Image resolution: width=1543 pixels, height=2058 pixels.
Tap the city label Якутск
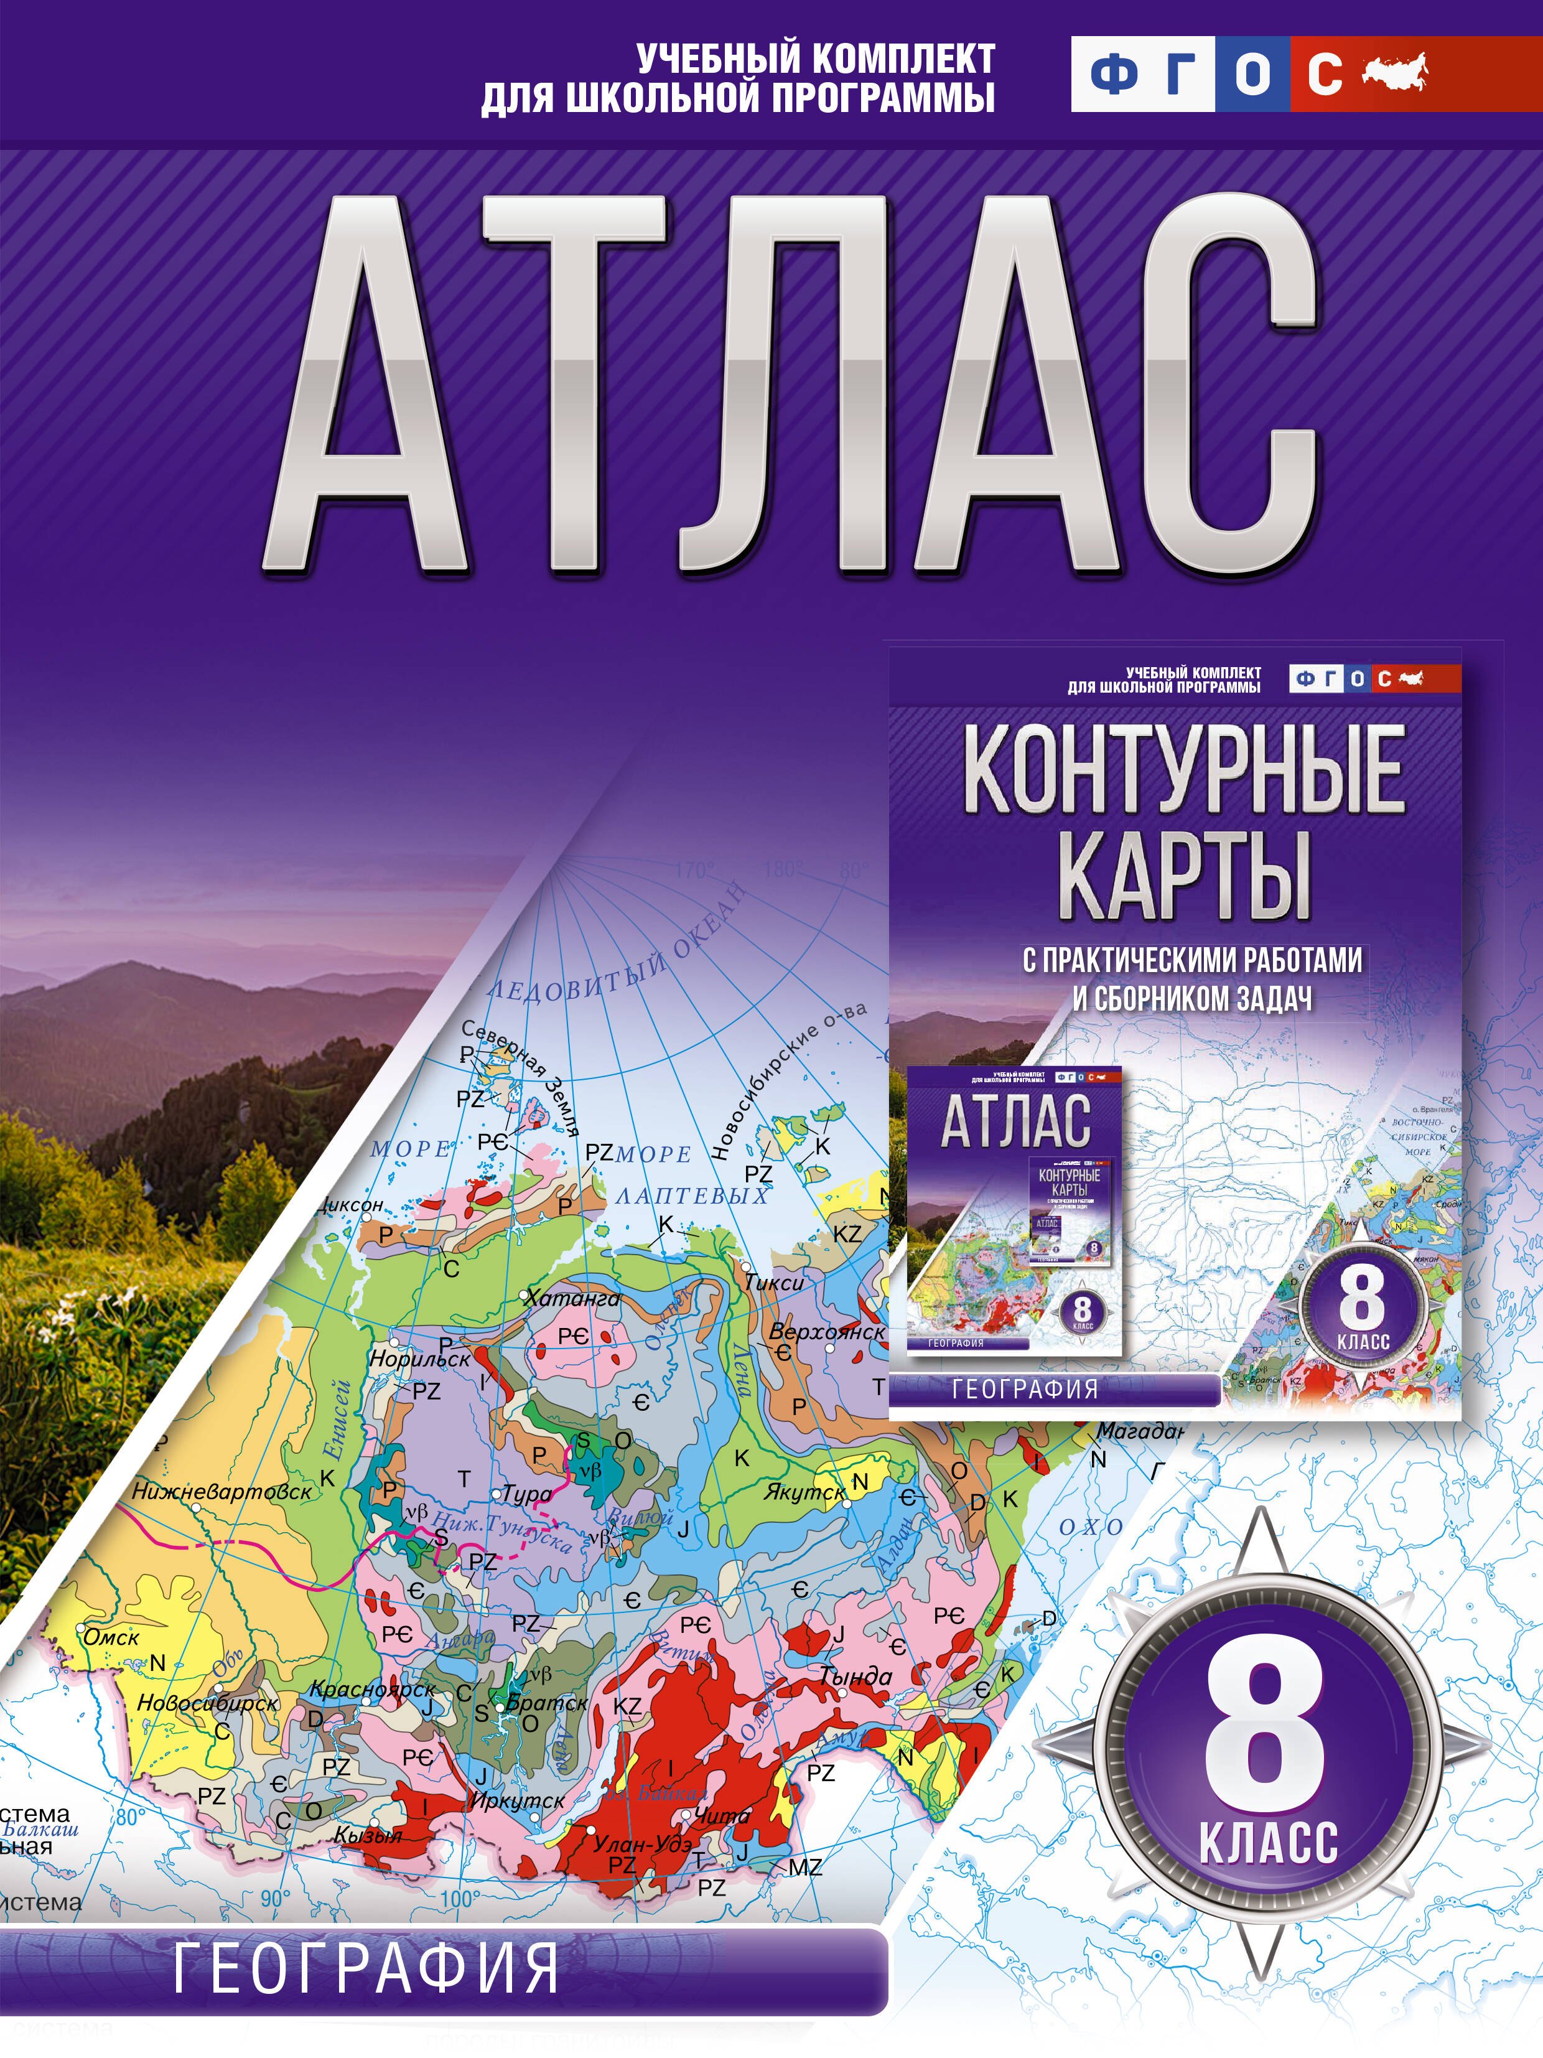804,1492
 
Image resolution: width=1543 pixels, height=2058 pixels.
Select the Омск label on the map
111,1637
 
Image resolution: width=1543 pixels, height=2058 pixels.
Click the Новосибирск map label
207,1703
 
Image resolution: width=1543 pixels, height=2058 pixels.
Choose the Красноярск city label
372,1688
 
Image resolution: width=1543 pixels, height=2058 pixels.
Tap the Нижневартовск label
221,1490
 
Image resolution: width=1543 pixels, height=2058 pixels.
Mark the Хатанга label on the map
572,1298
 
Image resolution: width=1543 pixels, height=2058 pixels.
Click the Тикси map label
774,1282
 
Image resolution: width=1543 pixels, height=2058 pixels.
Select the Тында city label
855,1677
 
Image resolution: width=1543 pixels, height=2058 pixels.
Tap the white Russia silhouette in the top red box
1394,73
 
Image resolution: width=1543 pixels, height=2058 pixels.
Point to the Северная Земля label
521,1077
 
